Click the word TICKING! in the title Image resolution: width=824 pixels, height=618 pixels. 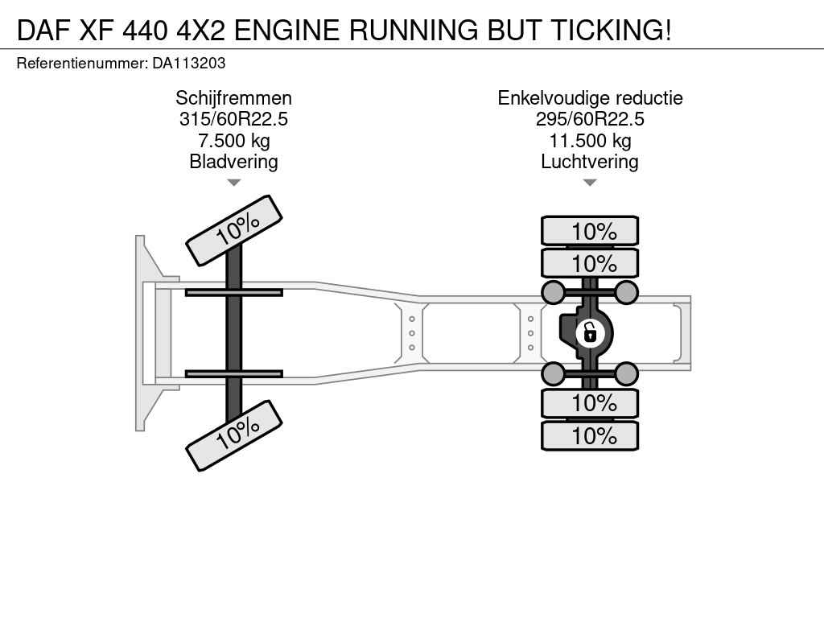pos(611,30)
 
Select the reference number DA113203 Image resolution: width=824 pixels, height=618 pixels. pos(188,64)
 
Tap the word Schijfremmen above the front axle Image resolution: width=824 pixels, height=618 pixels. pos(234,98)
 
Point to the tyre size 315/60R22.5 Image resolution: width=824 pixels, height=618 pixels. pos(234,119)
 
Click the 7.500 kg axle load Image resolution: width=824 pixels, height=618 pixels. pos(234,140)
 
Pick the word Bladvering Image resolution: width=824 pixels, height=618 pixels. pos(234,161)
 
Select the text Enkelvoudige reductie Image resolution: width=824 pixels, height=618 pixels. pos(590,98)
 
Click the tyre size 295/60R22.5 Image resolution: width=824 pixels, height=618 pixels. pos(590,119)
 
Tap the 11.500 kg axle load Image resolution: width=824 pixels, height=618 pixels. pos(590,140)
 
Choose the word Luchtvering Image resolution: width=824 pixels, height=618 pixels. pos(590,161)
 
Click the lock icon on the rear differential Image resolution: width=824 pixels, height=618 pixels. pos(590,333)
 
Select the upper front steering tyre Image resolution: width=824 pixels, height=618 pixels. pos(234,230)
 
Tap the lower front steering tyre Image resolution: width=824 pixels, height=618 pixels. pos(234,435)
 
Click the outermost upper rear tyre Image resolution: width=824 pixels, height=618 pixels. pos(590,231)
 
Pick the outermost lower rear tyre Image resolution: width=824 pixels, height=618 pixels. pos(590,435)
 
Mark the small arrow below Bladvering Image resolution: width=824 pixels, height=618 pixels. pos(234,183)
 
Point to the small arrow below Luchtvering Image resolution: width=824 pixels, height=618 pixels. pos(590,183)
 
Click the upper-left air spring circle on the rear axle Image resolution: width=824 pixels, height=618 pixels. pos(554,292)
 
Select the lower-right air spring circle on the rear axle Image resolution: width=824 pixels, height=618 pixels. pos(626,373)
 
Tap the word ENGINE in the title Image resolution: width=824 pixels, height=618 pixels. pos(287,30)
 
